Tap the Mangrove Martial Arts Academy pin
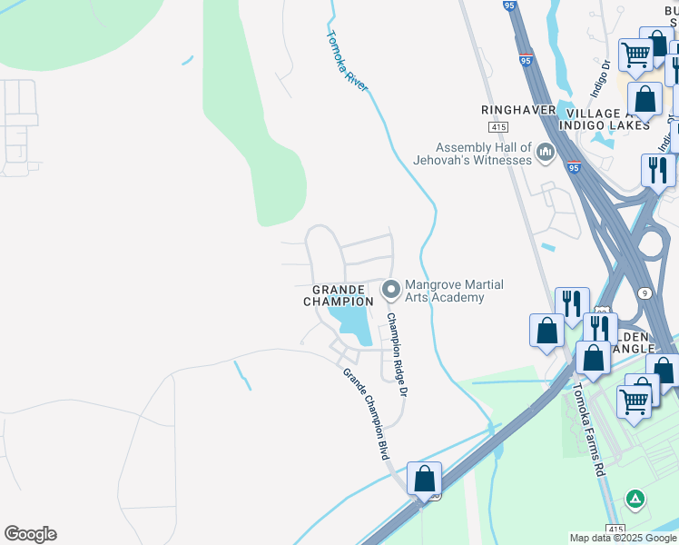pyautogui.click(x=391, y=290)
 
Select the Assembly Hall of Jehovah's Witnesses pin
pyautogui.click(x=546, y=152)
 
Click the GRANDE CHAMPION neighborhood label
pyautogui.click(x=338, y=295)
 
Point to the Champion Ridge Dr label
pyautogui.click(x=397, y=354)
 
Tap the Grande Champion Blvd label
pyautogui.click(x=366, y=413)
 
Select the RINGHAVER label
pyautogui.click(x=517, y=110)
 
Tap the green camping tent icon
pyautogui.click(x=636, y=500)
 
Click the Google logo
pyautogui.click(x=30, y=534)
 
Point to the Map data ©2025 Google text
pyautogui.click(x=622, y=538)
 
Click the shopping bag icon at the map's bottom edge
pyautogui.click(x=424, y=478)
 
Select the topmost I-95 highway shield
pyautogui.click(x=526, y=60)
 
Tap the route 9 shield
pyautogui.click(x=643, y=292)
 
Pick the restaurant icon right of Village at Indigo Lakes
pyautogui.click(x=657, y=170)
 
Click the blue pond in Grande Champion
pyautogui.click(x=349, y=322)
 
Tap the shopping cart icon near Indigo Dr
pyautogui.click(x=635, y=55)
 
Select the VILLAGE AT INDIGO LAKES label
pyautogui.click(x=604, y=118)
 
